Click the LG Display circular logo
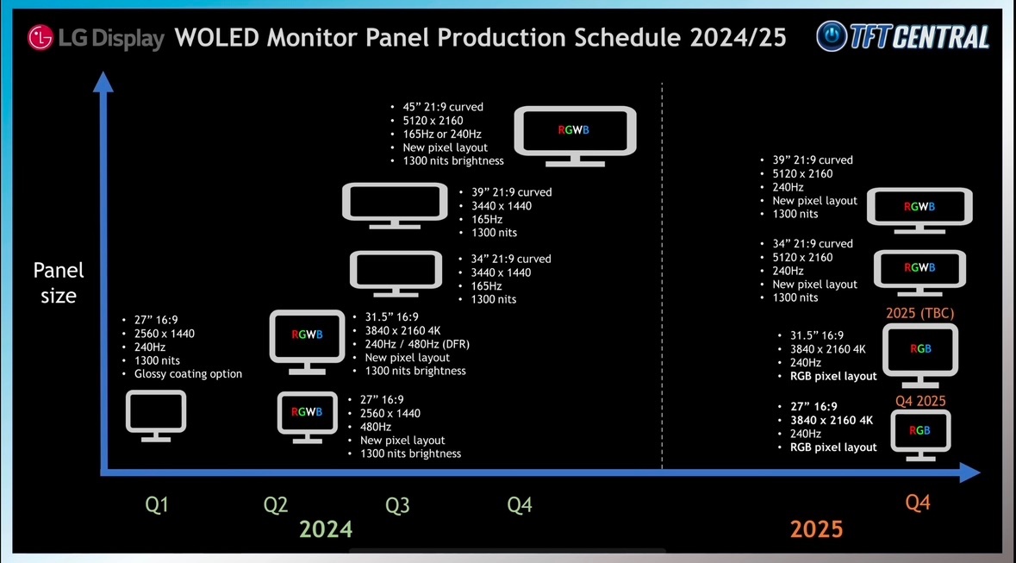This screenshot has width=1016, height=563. tap(40, 38)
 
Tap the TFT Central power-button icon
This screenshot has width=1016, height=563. tap(832, 35)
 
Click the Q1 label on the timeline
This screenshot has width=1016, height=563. tap(156, 504)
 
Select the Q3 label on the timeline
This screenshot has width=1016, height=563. tap(397, 504)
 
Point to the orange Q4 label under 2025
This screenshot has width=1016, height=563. tap(918, 502)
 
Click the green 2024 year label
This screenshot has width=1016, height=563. tap(326, 529)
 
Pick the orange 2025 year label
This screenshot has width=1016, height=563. tap(816, 529)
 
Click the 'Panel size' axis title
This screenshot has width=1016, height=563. tap(59, 283)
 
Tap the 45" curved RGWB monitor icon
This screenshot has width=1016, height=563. tap(575, 136)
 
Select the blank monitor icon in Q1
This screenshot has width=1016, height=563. tap(155, 416)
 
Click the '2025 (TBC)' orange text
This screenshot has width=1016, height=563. tap(919, 313)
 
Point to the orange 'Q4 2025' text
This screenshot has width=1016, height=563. tap(920, 401)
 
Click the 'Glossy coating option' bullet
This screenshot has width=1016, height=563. tap(188, 373)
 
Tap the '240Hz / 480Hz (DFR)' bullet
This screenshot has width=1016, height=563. tap(417, 344)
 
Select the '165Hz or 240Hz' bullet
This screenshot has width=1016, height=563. tap(442, 134)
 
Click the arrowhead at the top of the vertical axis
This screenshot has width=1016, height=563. tap(103, 81)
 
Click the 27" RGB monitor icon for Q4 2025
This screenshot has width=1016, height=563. tap(920, 434)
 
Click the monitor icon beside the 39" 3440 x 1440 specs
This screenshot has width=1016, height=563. tap(395, 205)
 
